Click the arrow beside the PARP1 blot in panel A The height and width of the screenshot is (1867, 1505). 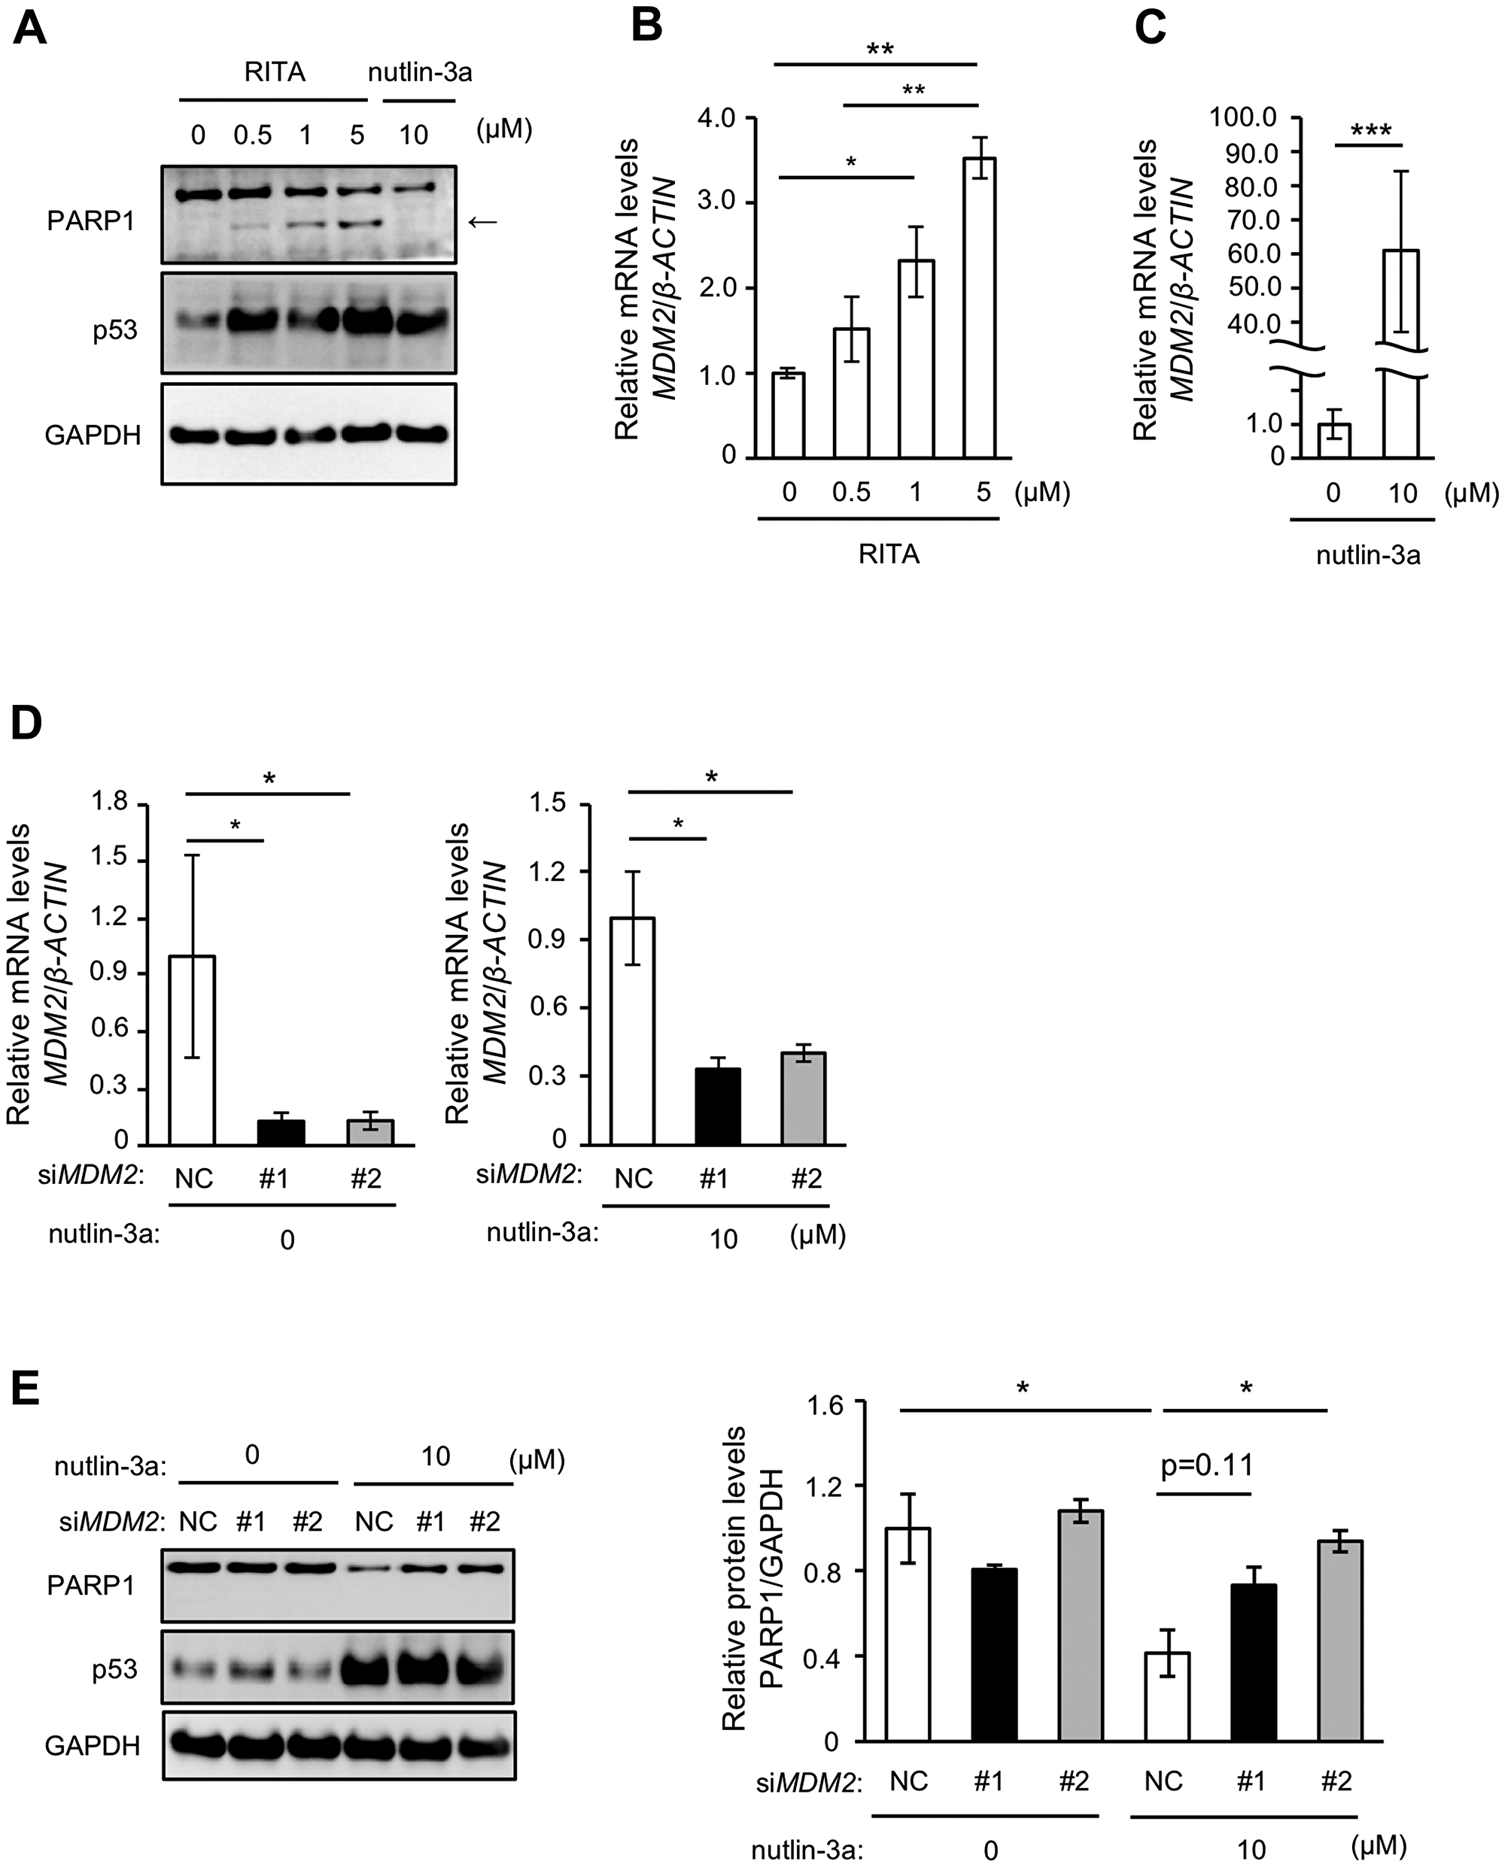[x=483, y=222]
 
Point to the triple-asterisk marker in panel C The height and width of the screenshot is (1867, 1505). [x=1370, y=132]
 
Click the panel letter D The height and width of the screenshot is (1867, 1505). [x=26, y=721]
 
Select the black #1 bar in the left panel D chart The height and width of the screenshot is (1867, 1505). [x=281, y=1132]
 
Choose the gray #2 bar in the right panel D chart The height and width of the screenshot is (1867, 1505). [x=803, y=1098]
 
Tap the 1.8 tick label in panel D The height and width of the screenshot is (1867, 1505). [x=109, y=803]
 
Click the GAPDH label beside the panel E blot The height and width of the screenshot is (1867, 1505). [x=92, y=1746]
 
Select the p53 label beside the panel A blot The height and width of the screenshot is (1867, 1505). [x=115, y=330]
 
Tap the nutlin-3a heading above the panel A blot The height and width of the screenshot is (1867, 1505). [x=420, y=72]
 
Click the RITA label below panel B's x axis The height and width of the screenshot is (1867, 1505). [x=889, y=554]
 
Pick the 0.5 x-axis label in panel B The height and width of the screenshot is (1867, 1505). [x=851, y=492]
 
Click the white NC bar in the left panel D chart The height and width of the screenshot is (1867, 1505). [x=193, y=1049]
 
